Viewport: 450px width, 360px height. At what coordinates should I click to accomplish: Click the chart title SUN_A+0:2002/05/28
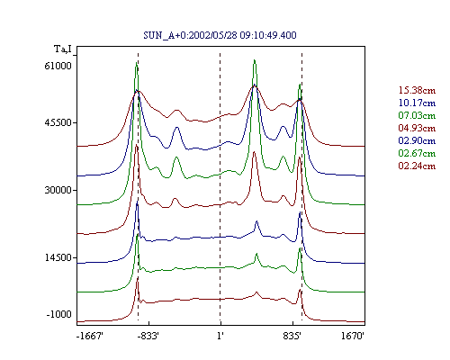[190, 35]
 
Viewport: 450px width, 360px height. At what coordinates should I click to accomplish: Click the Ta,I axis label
[63, 49]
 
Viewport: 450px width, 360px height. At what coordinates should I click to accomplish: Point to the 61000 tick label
[58, 66]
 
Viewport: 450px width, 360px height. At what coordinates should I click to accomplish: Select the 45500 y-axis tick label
[58, 122]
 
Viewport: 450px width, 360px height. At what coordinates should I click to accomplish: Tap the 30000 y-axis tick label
[58, 190]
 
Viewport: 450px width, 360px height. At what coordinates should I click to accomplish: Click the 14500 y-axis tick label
[58, 257]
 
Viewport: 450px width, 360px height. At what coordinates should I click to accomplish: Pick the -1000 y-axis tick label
[59, 314]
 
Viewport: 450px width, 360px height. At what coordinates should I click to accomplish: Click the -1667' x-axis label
[90, 336]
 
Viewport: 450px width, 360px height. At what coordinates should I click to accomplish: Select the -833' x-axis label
[148, 336]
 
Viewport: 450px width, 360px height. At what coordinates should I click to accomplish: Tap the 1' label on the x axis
[220, 336]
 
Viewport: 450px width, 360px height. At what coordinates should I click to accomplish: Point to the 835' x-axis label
[292, 336]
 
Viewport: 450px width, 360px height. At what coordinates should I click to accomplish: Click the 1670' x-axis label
[353, 336]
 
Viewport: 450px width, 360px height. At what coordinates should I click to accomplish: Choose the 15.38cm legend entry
[417, 90]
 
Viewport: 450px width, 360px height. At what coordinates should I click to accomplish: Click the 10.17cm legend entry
[417, 103]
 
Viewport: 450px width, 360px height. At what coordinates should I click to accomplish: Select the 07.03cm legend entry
[417, 115]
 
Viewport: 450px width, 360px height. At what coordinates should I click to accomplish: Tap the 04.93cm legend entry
[417, 128]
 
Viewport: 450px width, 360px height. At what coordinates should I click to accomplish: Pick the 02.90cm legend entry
[417, 140]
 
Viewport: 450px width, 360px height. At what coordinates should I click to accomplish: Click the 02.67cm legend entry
[417, 153]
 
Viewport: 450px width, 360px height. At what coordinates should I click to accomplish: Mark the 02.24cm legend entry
[417, 166]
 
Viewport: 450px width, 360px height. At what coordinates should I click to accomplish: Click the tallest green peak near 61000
[255, 60]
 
